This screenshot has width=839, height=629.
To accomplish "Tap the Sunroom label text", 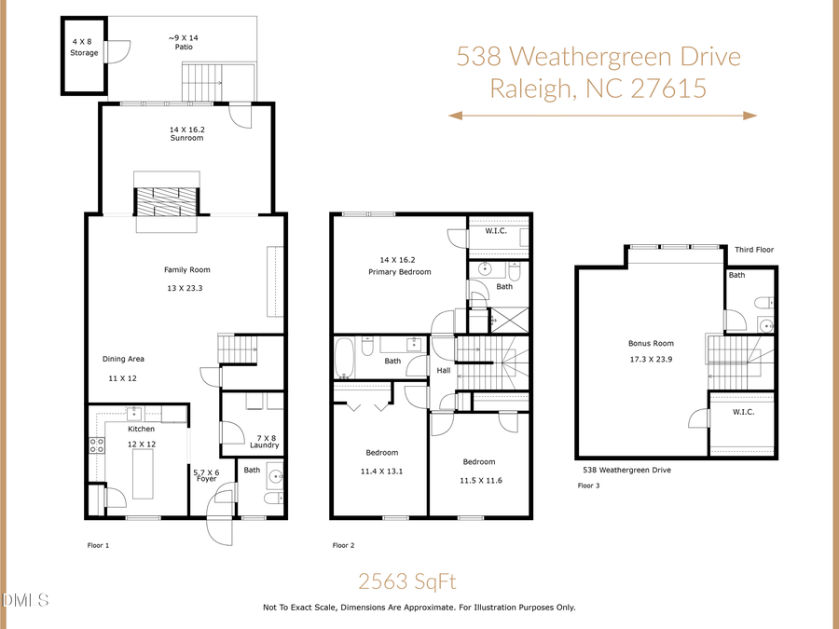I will tap(186, 138).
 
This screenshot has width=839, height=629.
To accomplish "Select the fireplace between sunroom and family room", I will tap(167, 201).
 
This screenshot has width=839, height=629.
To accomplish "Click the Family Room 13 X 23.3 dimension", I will tap(183, 288).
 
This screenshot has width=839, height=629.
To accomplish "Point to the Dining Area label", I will tap(123, 359).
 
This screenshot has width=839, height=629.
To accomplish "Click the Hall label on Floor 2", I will tap(444, 370).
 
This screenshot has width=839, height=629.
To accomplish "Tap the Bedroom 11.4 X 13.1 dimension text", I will tap(381, 472).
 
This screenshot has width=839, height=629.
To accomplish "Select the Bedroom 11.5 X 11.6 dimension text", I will tap(479, 480).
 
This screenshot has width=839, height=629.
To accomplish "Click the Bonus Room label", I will tap(650, 343).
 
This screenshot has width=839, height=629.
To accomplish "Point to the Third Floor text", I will tap(753, 250).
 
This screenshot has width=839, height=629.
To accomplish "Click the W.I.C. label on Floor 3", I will tap(743, 412).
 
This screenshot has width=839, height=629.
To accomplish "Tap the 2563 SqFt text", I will tap(407, 581).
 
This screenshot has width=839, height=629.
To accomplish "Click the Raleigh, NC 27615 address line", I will tap(598, 89).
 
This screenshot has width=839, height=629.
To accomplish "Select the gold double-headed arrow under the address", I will tap(602, 116).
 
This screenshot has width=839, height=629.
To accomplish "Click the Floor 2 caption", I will tap(343, 545).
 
